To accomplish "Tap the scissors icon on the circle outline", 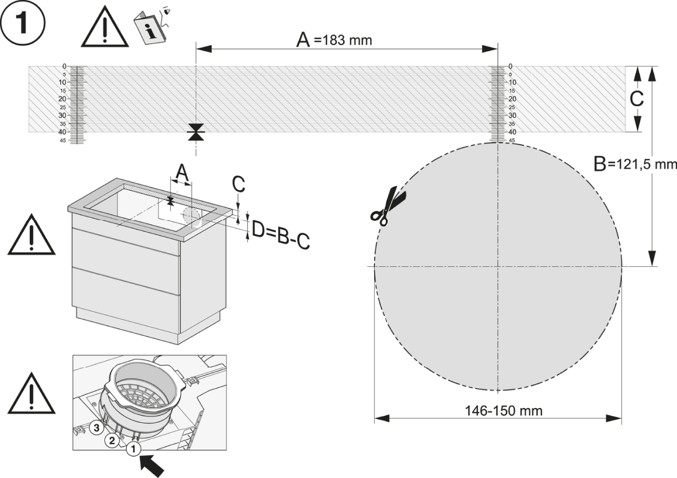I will pyautogui.click(x=389, y=207).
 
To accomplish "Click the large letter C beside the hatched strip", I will pyautogui.click(x=636, y=99).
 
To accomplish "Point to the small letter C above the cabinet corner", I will pyautogui.click(x=239, y=184).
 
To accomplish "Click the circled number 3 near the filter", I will pyautogui.click(x=96, y=428).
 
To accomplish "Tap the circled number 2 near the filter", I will pyautogui.click(x=112, y=440).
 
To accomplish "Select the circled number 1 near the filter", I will pyautogui.click(x=133, y=449).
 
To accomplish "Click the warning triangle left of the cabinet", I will pyautogui.click(x=32, y=236).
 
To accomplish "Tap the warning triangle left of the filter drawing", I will pyautogui.click(x=32, y=394).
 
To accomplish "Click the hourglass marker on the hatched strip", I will pyautogui.click(x=196, y=132).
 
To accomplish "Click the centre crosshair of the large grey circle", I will pyautogui.click(x=498, y=266).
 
